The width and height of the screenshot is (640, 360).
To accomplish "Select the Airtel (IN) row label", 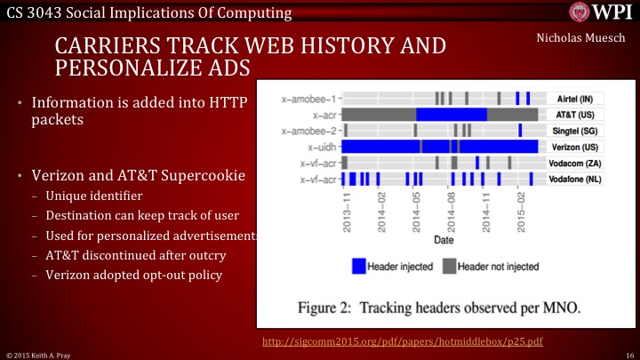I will (574, 98).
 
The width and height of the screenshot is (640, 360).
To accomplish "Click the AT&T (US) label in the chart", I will (574, 114).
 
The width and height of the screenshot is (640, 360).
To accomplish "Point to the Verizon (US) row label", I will (574, 147).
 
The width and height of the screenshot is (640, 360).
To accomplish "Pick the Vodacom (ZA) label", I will (574, 163).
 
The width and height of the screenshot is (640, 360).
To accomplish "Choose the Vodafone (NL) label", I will (574, 180).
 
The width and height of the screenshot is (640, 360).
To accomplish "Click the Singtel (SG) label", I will (574, 131).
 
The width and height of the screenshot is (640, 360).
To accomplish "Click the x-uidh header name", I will (319, 147).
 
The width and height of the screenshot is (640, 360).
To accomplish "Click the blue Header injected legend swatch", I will (358, 266).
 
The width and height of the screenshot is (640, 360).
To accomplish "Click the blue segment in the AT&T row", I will (451, 114).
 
